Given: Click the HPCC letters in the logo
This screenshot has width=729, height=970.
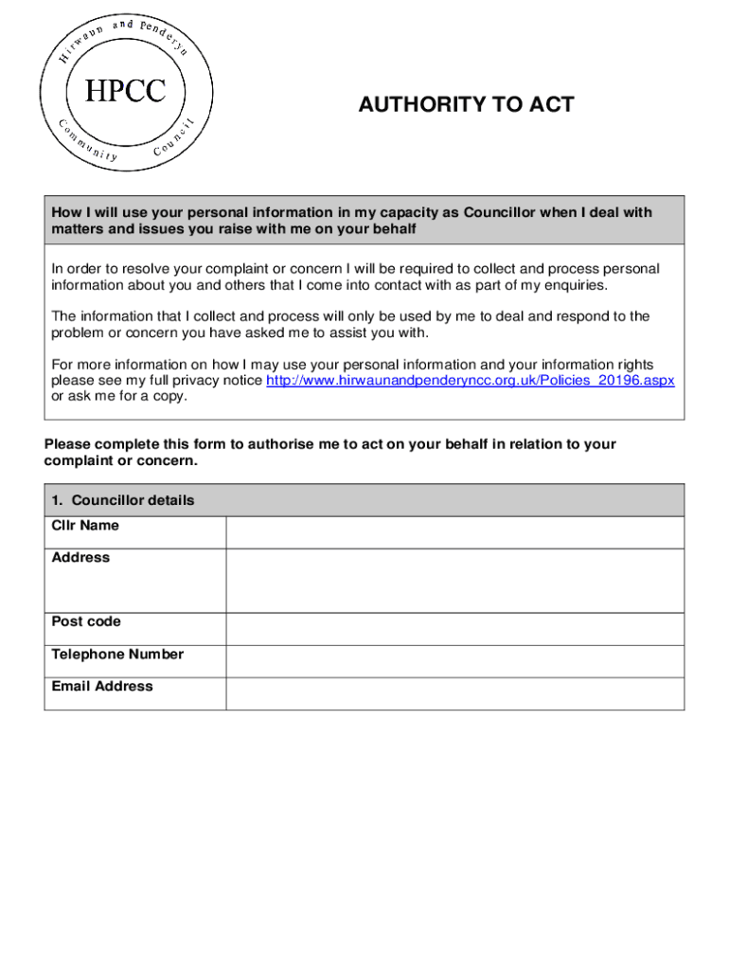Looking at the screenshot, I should (126, 91).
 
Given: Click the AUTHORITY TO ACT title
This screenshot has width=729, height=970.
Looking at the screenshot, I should (466, 104).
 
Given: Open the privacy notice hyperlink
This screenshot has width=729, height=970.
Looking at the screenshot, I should (471, 380).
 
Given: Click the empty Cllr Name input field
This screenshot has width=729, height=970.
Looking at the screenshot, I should (454, 532).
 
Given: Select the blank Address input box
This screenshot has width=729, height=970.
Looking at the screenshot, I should (454, 581).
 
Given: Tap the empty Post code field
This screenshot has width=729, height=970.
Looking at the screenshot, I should (454, 629).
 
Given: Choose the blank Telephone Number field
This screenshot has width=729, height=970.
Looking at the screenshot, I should (454, 661).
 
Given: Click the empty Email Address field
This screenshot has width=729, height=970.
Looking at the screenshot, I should (454, 693).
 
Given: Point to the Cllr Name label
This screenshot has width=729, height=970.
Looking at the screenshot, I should (85, 526).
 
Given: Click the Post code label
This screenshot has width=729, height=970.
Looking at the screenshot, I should (86, 622).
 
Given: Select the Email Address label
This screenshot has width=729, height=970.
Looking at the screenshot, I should (102, 687).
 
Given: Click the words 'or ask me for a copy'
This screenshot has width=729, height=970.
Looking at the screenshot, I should (119, 396).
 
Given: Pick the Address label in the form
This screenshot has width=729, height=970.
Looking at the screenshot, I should (80, 558).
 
